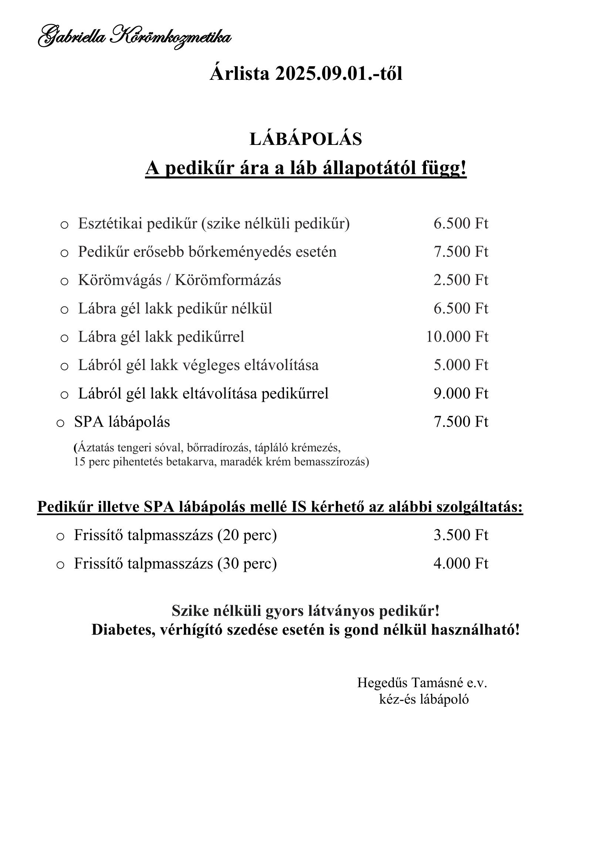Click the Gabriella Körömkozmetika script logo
[x=135, y=37]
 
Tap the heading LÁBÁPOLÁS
[x=305, y=139]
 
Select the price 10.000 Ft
[x=457, y=337]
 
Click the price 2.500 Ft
[x=460, y=280]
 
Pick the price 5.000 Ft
[x=460, y=365]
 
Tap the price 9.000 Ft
[x=460, y=394]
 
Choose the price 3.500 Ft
[x=460, y=535]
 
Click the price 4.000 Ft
[x=460, y=564]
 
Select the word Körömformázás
[x=228, y=280]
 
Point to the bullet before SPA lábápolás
[x=60, y=423]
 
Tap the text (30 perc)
[x=247, y=564]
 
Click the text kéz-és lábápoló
[x=424, y=699]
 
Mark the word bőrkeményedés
[x=235, y=252]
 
